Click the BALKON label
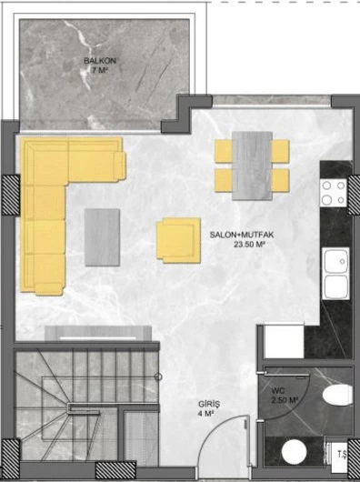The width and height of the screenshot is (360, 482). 99,62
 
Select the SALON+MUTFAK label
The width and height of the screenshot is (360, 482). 243,234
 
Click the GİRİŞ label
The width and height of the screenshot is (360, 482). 209,404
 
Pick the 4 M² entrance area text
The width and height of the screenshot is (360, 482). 206,415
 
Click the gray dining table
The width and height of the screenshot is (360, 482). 252,165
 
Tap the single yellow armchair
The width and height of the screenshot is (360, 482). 177,240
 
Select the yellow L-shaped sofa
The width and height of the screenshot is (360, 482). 55,200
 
